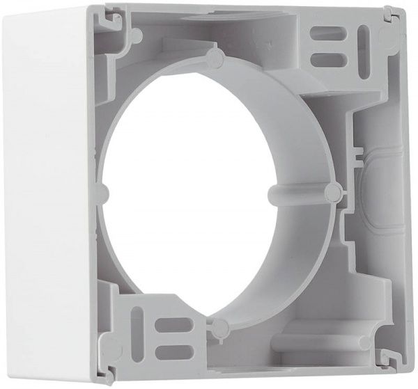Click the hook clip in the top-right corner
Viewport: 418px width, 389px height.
click(x=390, y=15)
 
